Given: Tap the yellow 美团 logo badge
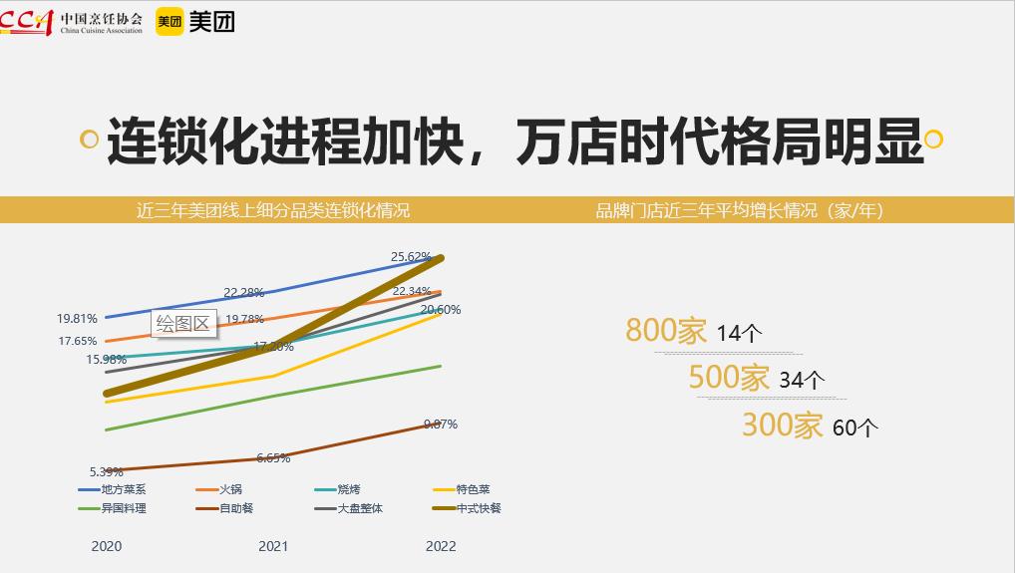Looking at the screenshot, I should [169, 20].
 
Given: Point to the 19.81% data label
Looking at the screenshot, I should [77, 319].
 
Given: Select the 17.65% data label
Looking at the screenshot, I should [77, 341].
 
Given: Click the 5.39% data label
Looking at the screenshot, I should [106, 471].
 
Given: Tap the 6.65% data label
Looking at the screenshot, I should [272, 458].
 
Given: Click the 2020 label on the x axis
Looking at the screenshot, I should [107, 546].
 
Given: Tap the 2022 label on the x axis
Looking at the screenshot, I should [441, 546].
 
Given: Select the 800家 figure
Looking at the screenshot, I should [666, 331].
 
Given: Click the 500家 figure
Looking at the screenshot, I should [729, 378].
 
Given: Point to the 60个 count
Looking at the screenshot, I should [854, 429].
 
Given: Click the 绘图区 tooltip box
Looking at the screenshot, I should [184, 323].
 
